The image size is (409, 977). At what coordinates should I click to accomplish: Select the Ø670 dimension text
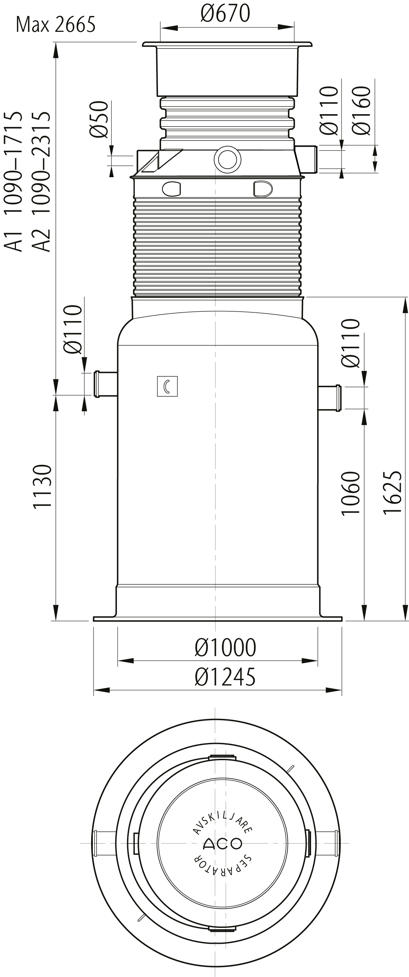point(225,13)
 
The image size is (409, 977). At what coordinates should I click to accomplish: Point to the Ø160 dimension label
point(361,110)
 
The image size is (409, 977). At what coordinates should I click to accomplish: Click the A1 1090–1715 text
point(13,181)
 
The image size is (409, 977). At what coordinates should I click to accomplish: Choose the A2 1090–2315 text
point(41,181)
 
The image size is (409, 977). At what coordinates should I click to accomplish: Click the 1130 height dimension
point(42,486)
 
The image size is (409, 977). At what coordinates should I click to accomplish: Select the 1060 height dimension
point(350,493)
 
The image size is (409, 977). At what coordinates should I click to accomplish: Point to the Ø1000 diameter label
point(225,647)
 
